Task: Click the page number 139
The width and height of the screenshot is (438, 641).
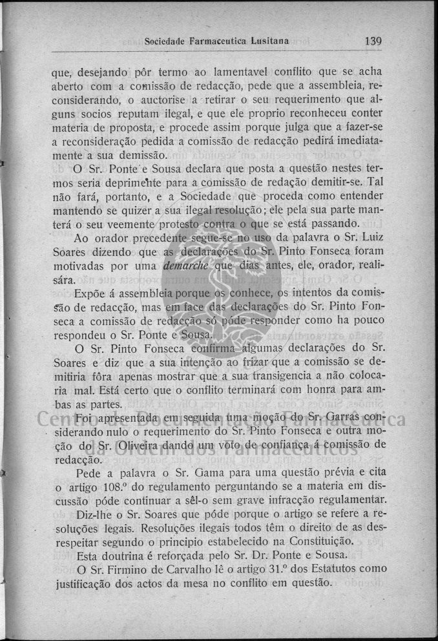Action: tap(373, 40)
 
